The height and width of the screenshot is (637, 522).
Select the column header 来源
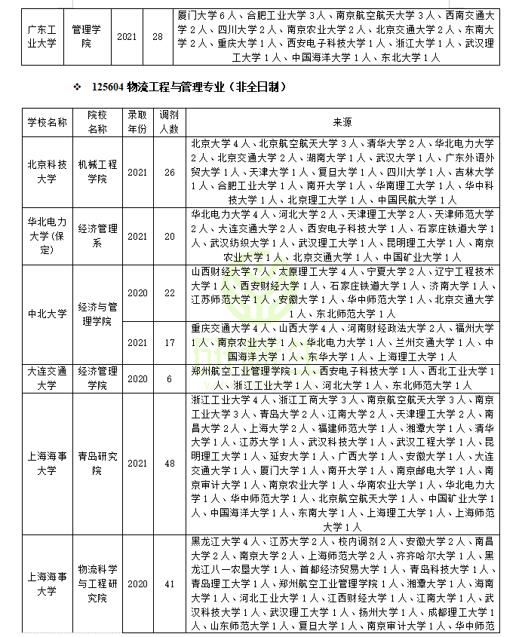click(342, 122)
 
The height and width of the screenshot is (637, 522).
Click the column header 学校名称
click(48, 122)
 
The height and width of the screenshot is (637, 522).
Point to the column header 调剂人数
click(169, 122)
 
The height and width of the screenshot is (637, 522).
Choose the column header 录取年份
click(137, 122)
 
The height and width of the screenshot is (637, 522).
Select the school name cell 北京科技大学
click(48, 172)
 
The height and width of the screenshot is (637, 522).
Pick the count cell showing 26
click(169, 172)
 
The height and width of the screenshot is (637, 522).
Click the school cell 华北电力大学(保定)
click(48, 235)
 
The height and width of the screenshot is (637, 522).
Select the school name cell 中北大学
click(48, 314)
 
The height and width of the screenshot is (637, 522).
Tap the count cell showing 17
click(169, 342)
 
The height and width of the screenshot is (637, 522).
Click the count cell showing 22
click(169, 292)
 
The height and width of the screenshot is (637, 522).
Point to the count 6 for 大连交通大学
click(169, 378)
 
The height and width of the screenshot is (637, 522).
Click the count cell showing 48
click(169, 464)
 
